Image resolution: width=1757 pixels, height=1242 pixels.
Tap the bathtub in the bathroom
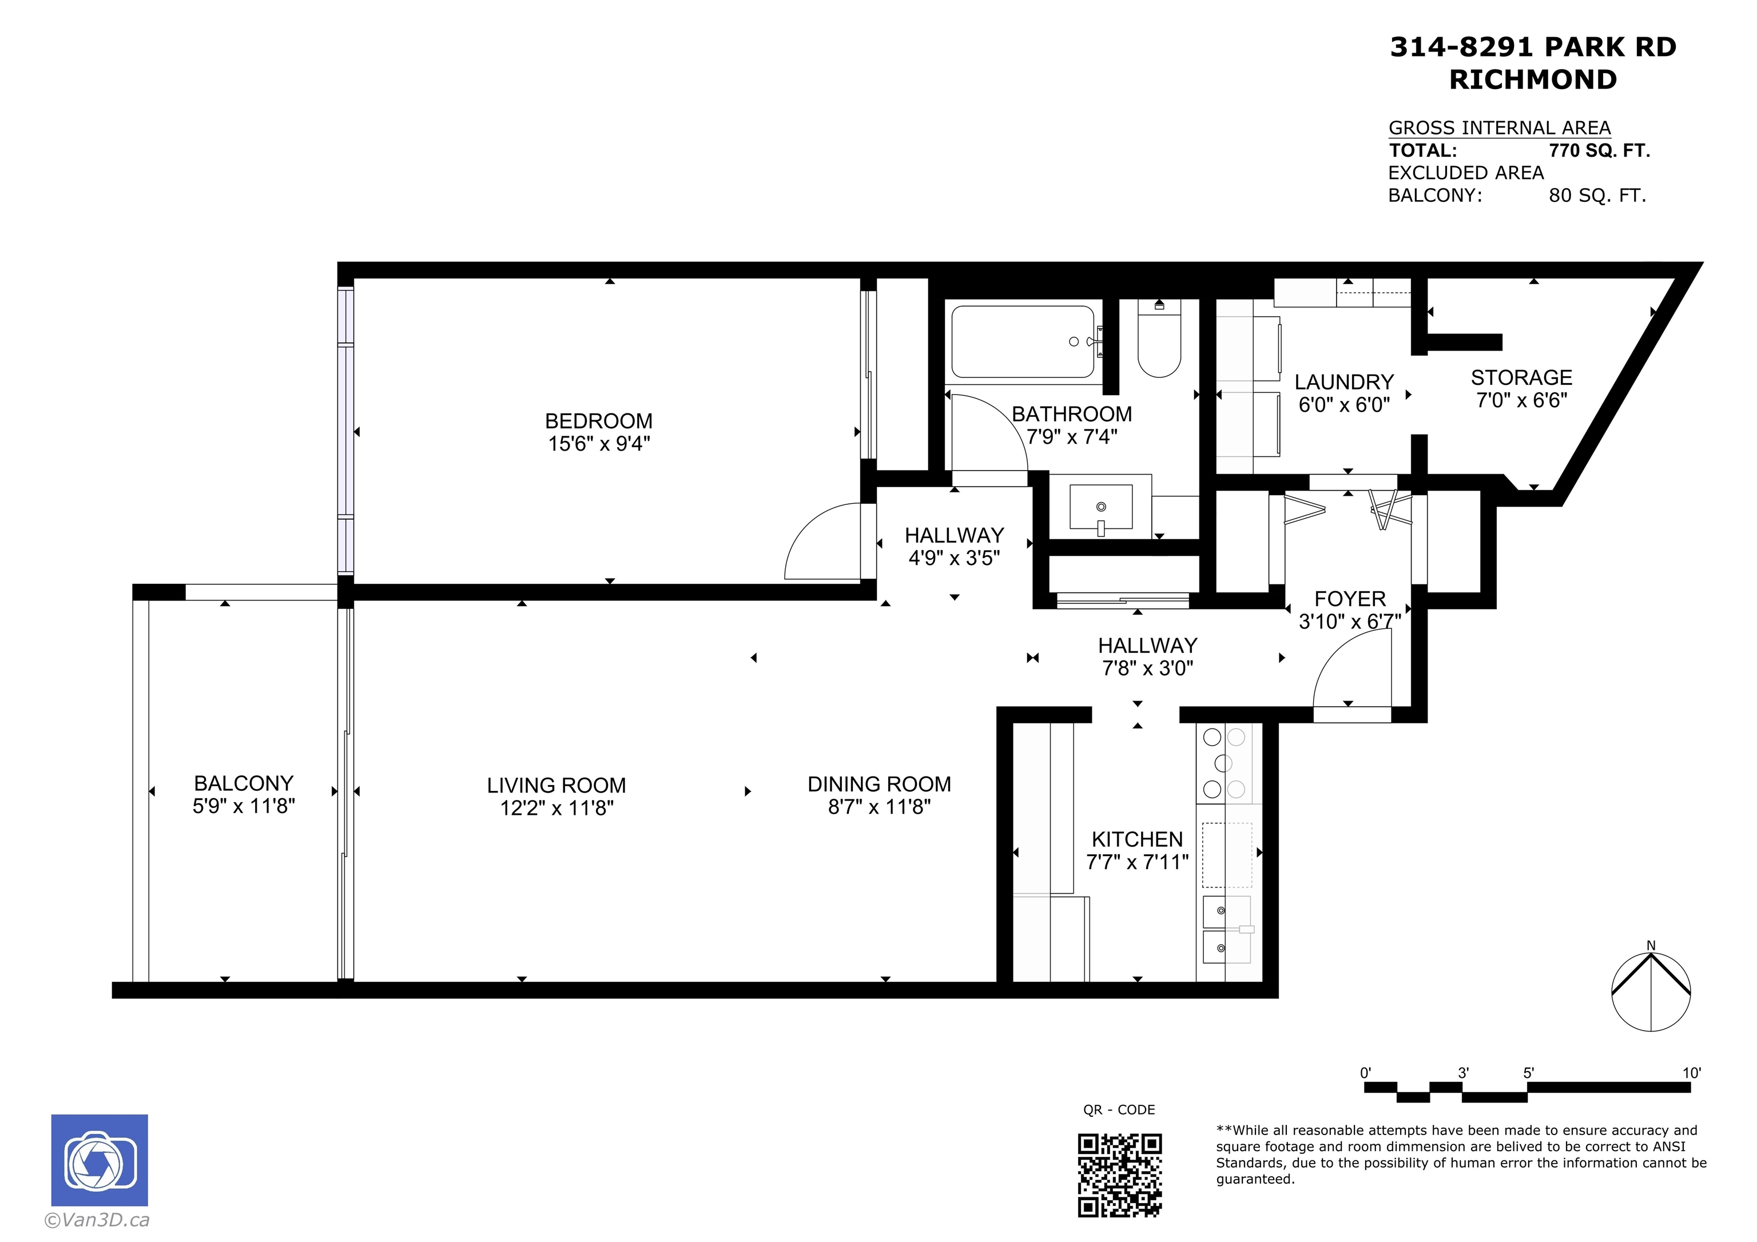(x=1023, y=342)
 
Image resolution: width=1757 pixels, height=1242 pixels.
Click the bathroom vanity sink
(x=1100, y=507)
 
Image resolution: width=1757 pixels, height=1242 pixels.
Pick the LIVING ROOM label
(x=556, y=785)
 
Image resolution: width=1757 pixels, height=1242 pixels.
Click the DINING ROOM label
(x=879, y=785)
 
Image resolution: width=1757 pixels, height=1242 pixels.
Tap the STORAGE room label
(x=1521, y=377)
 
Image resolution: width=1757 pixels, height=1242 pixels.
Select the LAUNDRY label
(x=1343, y=382)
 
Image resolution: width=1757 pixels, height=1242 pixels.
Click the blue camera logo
(x=100, y=1160)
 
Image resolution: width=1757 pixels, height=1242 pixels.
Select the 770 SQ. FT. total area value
(x=1599, y=151)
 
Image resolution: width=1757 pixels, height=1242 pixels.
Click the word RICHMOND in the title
(x=1533, y=79)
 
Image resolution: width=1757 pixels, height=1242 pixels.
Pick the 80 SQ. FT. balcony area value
(x=1597, y=196)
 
